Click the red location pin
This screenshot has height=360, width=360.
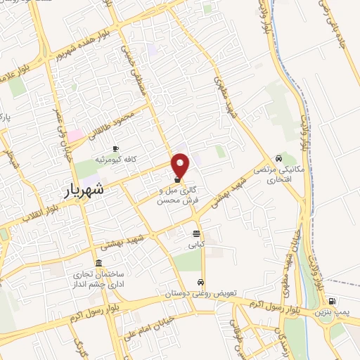tap(181, 165)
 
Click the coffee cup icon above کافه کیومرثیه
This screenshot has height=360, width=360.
tap(115, 148)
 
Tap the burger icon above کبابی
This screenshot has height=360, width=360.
tap(195, 234)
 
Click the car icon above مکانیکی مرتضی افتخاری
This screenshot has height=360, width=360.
tap(280, 158)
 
